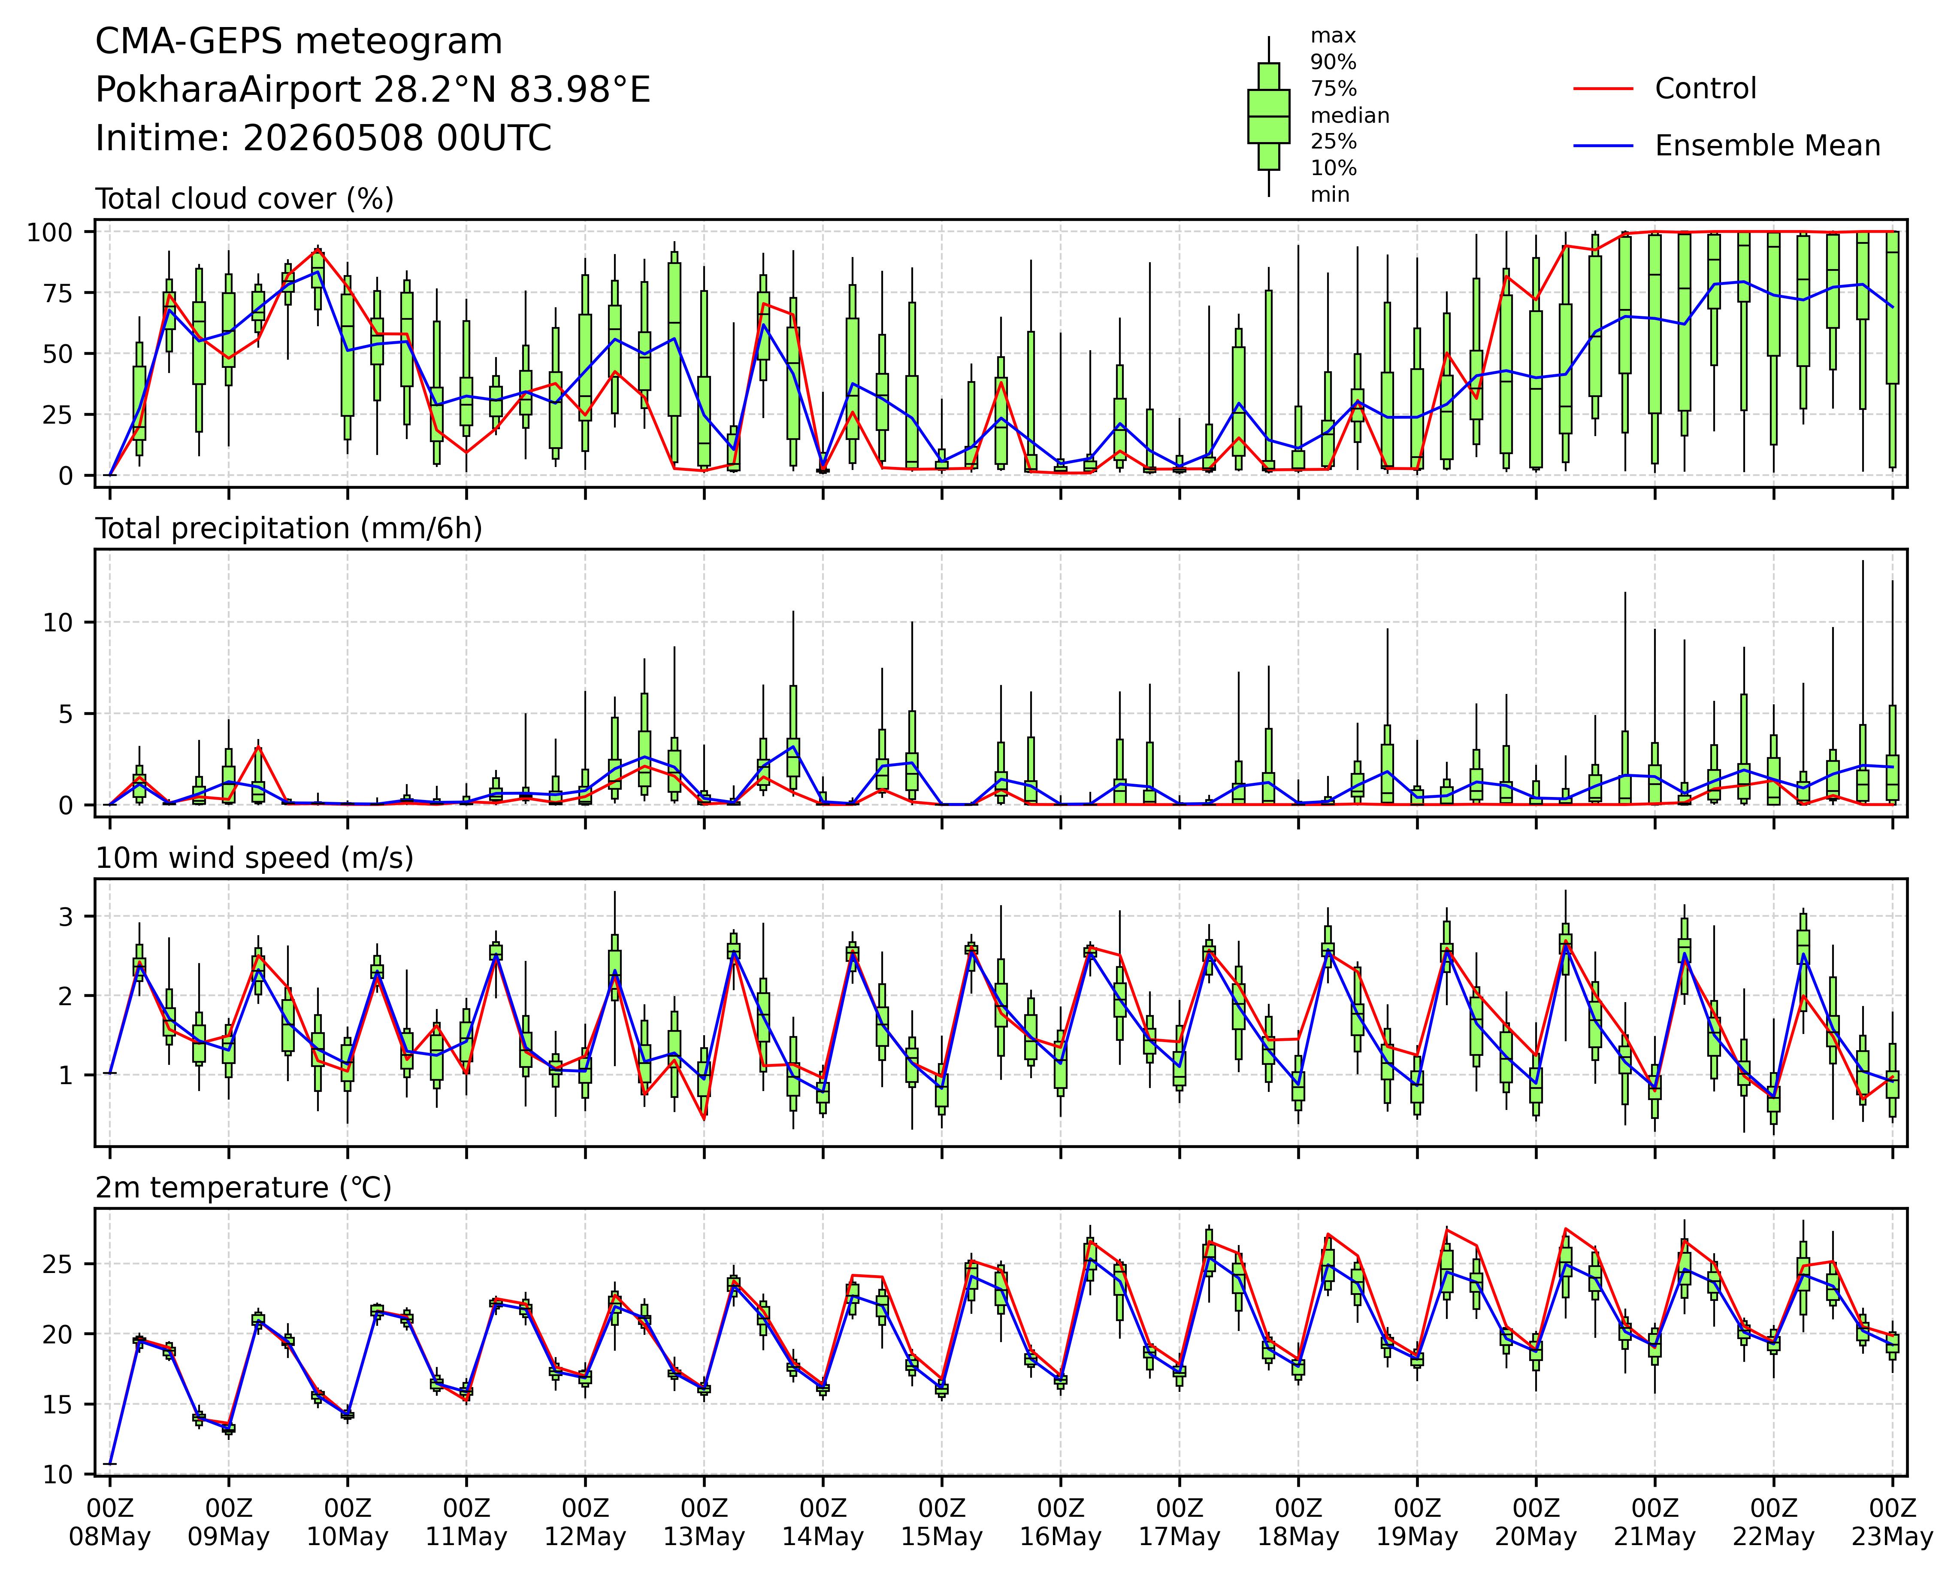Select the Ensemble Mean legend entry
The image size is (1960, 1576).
(1727, 145)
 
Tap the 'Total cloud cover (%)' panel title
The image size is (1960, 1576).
(245, 198)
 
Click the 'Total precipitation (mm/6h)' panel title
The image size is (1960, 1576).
(289, 528)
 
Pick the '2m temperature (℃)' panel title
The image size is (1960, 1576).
(244, 1188)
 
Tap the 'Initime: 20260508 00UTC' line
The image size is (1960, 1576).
(324, 138)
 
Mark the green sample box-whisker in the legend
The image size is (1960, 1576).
(1269, 116)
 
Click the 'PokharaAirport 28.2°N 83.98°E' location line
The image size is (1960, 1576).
(373, 90)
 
